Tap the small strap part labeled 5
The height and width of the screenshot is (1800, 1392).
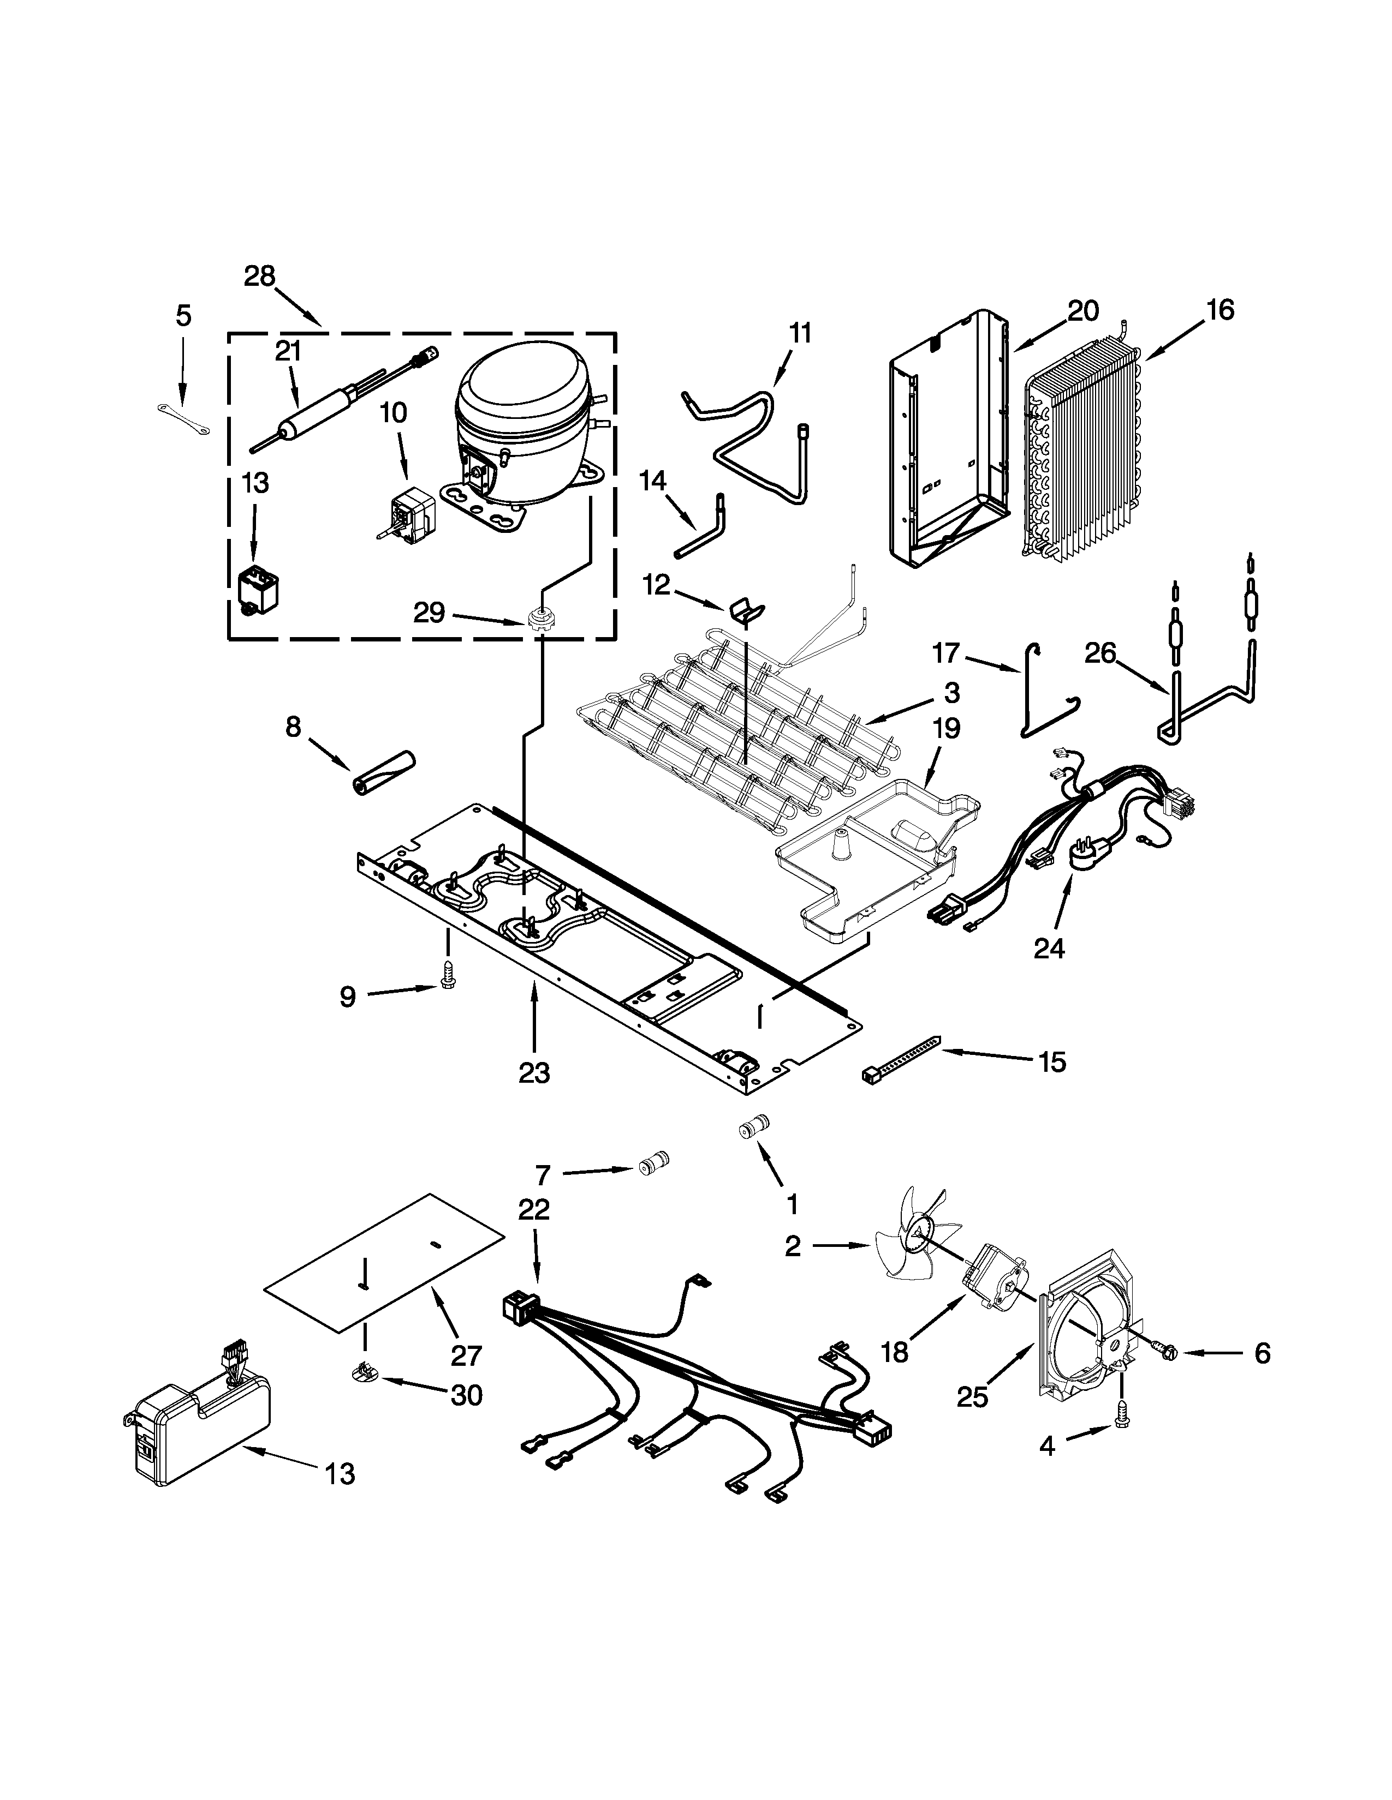[183, 417]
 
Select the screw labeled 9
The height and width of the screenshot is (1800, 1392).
[449, 977]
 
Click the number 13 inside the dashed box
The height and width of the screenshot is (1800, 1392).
[255, 482]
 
